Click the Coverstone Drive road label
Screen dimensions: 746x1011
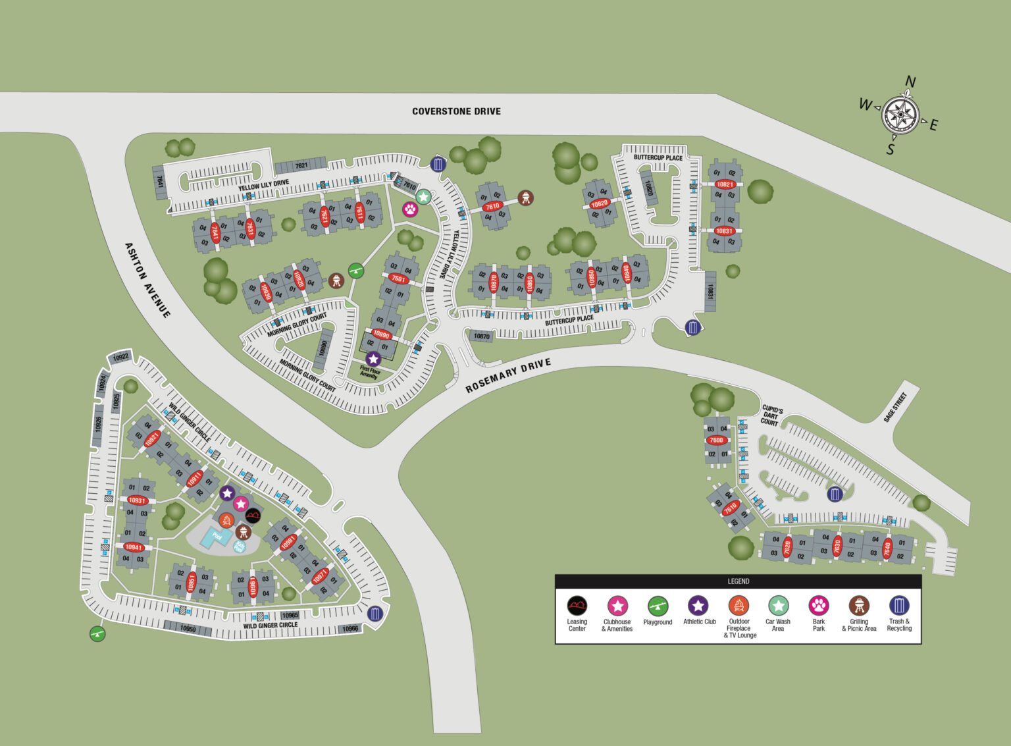tap(456, 111)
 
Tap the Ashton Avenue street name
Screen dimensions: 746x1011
tap(147, 280)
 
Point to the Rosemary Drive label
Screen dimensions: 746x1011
tap(507, 376)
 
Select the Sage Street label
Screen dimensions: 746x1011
tap(895, 407)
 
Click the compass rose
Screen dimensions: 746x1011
tap(900, 116)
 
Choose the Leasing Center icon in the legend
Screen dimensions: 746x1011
tap(577, 605)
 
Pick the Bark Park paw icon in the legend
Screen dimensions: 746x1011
tap(818, 605)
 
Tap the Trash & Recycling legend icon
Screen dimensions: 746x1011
tap(899, 605)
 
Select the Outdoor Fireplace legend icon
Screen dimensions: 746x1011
tap(739, 605)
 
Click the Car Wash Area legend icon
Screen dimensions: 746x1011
tap(778, 605)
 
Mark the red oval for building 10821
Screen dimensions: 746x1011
tap(725, 184)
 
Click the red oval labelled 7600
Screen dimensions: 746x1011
tap(716, 440)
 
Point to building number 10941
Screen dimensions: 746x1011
tap(134, 547)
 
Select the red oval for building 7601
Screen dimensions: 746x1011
tap(398, 279)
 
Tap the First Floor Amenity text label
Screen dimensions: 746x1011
tap(369, 373)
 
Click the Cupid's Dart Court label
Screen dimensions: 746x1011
tap(771, 415)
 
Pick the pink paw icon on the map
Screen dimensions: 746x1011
tap(410, 209)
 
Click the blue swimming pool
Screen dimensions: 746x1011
tap(217, 537)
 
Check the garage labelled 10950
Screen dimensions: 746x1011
tap(188, 628)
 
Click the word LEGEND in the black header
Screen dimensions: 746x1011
tap(738, 581)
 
